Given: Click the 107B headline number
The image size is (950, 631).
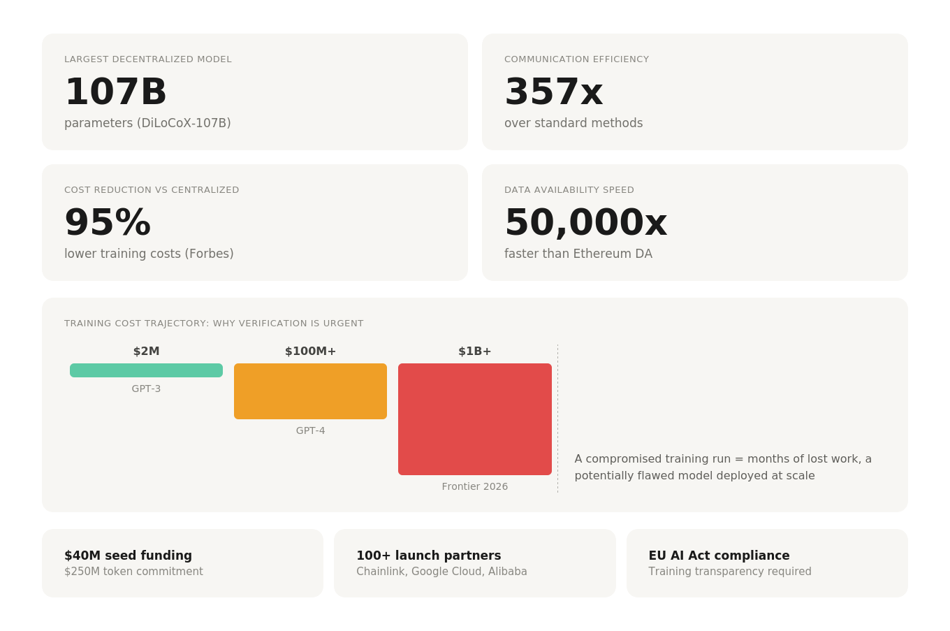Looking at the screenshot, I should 116,92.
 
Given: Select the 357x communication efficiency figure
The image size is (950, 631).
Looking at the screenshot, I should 553,92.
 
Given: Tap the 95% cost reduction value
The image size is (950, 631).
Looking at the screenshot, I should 108,223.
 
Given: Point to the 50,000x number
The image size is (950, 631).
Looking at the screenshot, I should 585,223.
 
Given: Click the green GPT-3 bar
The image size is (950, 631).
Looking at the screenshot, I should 146,370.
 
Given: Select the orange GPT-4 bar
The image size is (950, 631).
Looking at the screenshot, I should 310,391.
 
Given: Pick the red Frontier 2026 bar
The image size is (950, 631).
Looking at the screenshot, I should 475,419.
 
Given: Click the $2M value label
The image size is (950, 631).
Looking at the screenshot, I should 146,351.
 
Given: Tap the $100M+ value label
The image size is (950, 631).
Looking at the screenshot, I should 310,351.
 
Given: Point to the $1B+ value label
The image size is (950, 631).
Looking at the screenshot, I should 475,351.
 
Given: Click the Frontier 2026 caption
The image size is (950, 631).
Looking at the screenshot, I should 475,486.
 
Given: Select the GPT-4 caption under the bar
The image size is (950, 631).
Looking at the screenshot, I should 310,430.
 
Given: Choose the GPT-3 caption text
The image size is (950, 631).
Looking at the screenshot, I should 146,389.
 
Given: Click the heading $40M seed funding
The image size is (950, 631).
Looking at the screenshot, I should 128,556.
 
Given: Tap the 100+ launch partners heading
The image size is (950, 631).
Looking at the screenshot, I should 428,556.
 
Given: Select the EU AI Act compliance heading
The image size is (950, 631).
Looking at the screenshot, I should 719,556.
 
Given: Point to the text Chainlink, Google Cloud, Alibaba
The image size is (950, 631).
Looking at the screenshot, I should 441,572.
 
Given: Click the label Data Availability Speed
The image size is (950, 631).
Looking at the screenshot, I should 569,190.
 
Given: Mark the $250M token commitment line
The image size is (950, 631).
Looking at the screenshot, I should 133,572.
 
